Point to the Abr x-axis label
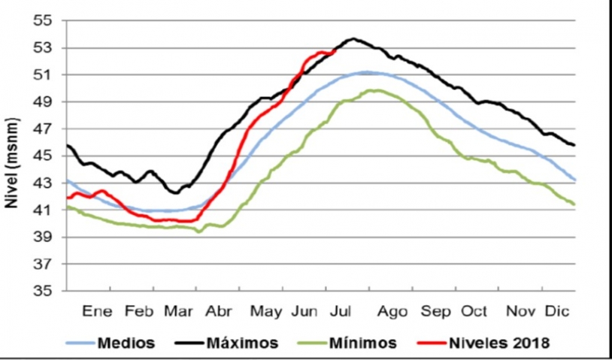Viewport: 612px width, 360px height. pos(219,311)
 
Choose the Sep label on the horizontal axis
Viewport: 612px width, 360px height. pos(435,311)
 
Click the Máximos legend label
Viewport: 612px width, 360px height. pos(244,343)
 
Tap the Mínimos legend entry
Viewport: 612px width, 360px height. pos(362,343)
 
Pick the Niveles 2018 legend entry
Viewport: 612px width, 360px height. pos(501,343)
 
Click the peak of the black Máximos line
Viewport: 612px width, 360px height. pos(352,38)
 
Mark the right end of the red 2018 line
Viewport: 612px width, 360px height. pos(333,52)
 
